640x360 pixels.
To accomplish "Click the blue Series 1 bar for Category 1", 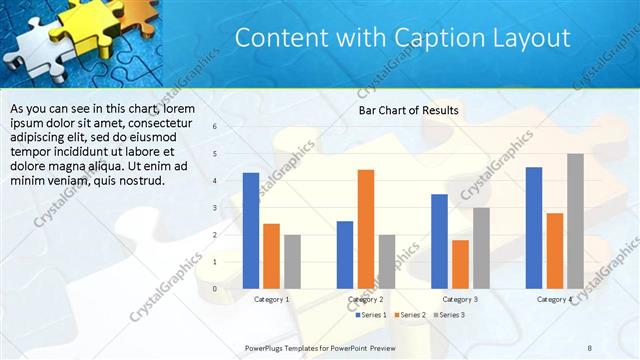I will (251, 231).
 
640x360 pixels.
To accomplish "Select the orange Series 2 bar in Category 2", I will (366, 229).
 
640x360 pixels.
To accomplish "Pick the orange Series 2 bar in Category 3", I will (460, 264).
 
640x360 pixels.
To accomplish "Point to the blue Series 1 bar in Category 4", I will (534, 228).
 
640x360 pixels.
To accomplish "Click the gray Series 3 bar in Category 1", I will (292, 261).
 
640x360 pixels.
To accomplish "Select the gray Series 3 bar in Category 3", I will (481, 248).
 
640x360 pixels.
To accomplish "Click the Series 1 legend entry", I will (372, 315).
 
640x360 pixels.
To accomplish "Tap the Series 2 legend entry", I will (409, 315).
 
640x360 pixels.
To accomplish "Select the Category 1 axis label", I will (271, 299).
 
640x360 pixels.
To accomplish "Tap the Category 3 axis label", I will (460, 299).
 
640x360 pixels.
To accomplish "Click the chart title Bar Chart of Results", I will (408, 110).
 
